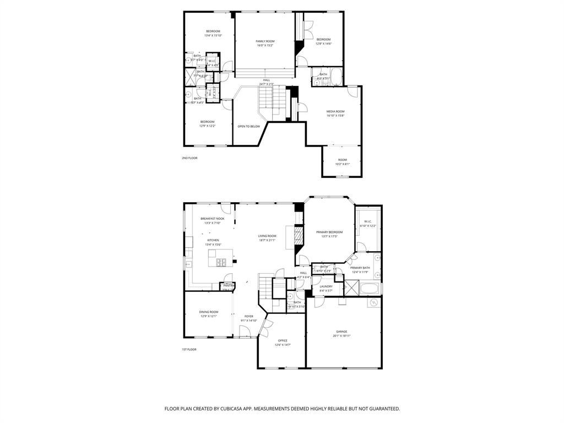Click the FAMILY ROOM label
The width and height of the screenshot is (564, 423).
coord(264,41)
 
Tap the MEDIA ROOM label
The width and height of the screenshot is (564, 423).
coord(335,111)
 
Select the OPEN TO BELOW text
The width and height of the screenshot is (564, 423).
coord(248,127)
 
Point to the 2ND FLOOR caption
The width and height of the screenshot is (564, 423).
coord(189,158)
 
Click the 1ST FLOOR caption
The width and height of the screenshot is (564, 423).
coord(189,349)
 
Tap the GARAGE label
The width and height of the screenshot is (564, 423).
coord(341,332)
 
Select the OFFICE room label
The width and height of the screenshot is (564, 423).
coord(283,340)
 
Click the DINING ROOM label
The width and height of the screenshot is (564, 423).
coord(209,312)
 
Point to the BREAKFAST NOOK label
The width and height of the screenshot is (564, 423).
coord(212,219)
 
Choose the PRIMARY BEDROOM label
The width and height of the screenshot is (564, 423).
coord(329,232)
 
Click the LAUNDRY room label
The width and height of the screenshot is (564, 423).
coord(326,286)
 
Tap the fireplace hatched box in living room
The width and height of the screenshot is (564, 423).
coord(298,236)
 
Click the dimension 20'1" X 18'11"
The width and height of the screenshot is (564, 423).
coord(341,336)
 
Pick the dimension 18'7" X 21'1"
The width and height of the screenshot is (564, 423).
coord(267,240)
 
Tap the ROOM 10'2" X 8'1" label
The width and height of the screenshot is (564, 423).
coord(342,161)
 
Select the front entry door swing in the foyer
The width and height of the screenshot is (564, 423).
coord(244,331)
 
